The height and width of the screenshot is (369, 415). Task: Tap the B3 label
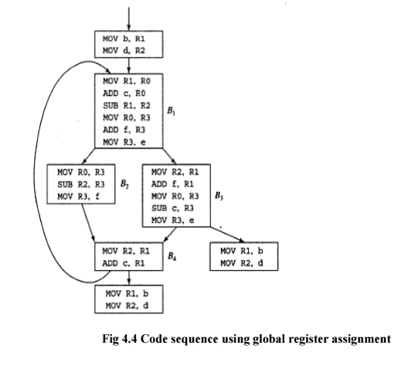219,194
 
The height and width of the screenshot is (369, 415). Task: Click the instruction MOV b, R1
123,36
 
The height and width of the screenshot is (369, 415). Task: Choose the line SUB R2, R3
76,184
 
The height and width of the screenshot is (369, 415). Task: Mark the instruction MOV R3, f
76,196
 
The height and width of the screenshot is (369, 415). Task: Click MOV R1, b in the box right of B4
241,251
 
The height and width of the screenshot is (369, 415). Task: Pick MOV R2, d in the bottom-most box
124,306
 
